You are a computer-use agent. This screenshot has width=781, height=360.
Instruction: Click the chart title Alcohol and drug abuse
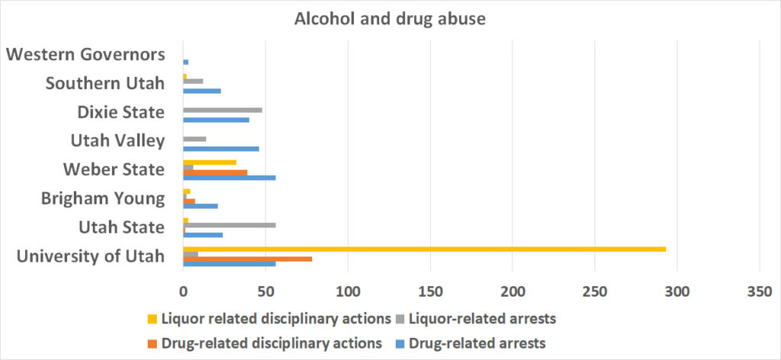[x=390, y=19]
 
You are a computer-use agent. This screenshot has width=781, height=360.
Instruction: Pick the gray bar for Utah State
[x=229, y=225]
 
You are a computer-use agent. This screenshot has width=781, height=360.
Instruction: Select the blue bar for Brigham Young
[x=200, y=206]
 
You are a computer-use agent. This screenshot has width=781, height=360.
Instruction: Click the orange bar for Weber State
[x=215, y=172]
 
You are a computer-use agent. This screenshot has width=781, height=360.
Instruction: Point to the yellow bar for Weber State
[x=210, y=162]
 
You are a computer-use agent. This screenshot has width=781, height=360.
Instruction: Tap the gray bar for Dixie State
[x=223, y=110]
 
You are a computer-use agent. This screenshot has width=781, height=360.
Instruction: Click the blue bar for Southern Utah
[x=201, y=91]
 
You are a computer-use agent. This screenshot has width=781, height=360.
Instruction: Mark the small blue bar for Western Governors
[x=185, y=62]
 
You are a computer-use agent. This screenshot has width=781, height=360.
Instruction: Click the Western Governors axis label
[x=85, y=55]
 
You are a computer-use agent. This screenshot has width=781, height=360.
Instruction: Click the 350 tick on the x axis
[x=760, y=291]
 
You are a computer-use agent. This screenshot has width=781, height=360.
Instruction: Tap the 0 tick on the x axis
[x=183, y=291]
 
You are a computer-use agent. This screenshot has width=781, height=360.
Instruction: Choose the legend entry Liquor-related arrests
[x=484, y=318]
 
